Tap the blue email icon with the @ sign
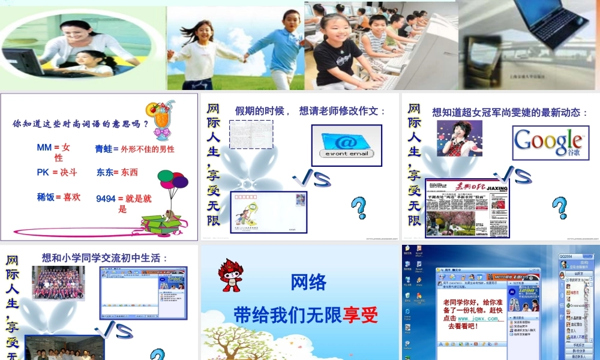pos(346,145)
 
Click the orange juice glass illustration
pos(161,121)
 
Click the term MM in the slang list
pos(44,148)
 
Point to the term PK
pos(43,172)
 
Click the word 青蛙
pos(103,148)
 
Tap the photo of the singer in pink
pos(459,138)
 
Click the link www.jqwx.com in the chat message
pos(478,319)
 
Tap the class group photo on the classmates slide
pos(58,283)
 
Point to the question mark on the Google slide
pos(559,208)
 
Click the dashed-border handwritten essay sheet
pos(251,134)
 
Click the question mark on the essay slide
pos(358,208)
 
